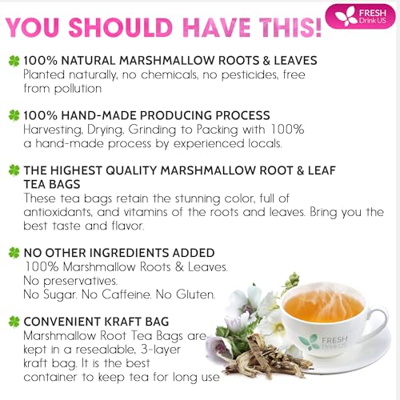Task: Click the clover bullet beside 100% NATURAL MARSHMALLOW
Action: [x=14, y=60]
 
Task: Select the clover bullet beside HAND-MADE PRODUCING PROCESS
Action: [x=14, y=116]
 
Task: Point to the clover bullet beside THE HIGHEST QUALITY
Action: [x=14, y=170]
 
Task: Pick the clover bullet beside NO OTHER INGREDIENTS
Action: [x=14, y=253]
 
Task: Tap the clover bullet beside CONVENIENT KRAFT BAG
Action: [x=14, y=322]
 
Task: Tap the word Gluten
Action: [x=195, y=295]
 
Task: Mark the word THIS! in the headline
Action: [x=283, y=24]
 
